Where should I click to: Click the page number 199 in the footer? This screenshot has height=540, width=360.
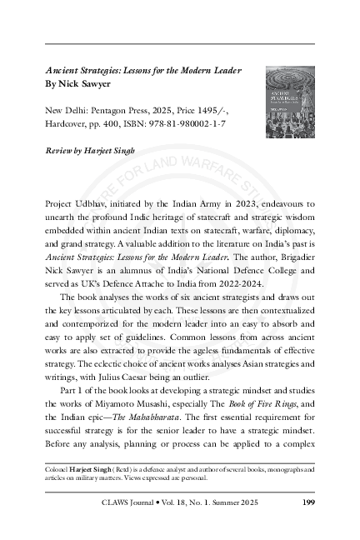tap(305, 502)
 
